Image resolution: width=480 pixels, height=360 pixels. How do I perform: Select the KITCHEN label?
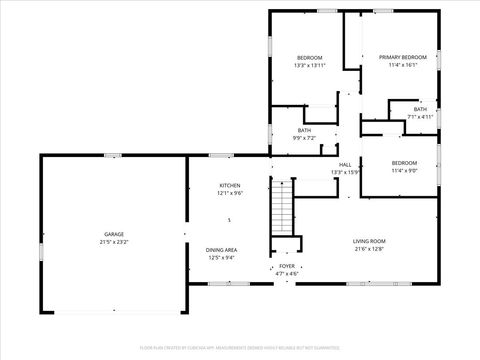click(230, 186)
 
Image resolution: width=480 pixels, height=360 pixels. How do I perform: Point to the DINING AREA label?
click(221, 250)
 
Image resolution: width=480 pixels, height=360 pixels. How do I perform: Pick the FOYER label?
click(287, 267)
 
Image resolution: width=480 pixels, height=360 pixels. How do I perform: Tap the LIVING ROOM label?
click(369, 241)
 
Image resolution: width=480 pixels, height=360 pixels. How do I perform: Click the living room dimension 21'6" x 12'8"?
click(369, 249)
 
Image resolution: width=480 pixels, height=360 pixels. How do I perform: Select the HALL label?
click(345, 164)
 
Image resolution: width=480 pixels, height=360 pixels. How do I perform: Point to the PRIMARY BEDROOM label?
click(402, 58)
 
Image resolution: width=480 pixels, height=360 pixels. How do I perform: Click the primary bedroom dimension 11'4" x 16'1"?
click(402, 66)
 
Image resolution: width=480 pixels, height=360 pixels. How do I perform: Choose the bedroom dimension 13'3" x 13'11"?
click(308, 66)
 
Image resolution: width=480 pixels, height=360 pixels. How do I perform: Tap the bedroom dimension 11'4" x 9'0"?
click(404, 170)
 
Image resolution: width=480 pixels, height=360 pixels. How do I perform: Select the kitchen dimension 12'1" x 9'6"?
click(230, 194)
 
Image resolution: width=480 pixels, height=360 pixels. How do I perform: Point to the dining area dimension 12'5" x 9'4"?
click(221, 258)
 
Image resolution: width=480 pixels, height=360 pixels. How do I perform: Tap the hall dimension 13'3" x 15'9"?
click(345, 172)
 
